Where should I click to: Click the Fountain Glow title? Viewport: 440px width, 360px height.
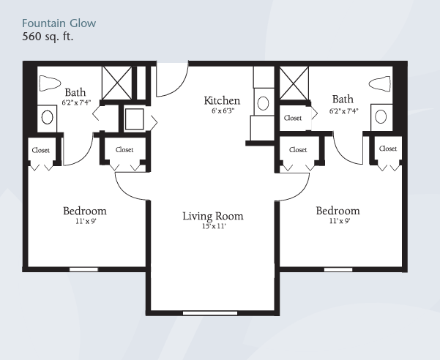click(59, 23)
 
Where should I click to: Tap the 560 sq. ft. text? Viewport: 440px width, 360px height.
click(48, 37)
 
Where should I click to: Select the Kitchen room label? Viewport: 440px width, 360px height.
click(222, 100)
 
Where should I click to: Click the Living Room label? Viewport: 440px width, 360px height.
click(213, 216)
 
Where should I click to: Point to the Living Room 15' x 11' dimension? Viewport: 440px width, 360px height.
click(214, 226)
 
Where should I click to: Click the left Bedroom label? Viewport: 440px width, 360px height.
click(85, 211)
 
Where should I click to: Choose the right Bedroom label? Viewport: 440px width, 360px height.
click(338, 211)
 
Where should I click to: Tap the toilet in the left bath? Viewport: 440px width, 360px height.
click(50, 83)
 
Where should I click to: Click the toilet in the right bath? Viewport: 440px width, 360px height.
click(380, 84)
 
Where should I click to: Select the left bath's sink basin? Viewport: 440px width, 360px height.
click(47, 117)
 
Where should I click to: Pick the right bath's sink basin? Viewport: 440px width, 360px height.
click(381, 116)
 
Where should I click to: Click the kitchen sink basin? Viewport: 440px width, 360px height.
click(263, 103)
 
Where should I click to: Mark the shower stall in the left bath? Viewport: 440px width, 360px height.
click(116, 83)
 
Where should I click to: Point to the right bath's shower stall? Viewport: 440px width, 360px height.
click(294, 83)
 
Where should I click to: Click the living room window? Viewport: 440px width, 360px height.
click(210, 313)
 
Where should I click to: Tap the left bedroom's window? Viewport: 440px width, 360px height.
click(83, 269)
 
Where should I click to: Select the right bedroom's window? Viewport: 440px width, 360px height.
click(338, 269)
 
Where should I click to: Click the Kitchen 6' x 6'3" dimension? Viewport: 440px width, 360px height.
click(223, 110)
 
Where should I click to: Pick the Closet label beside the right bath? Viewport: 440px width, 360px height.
click(293, 118)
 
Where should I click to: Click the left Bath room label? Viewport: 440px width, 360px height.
click(75, 92)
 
